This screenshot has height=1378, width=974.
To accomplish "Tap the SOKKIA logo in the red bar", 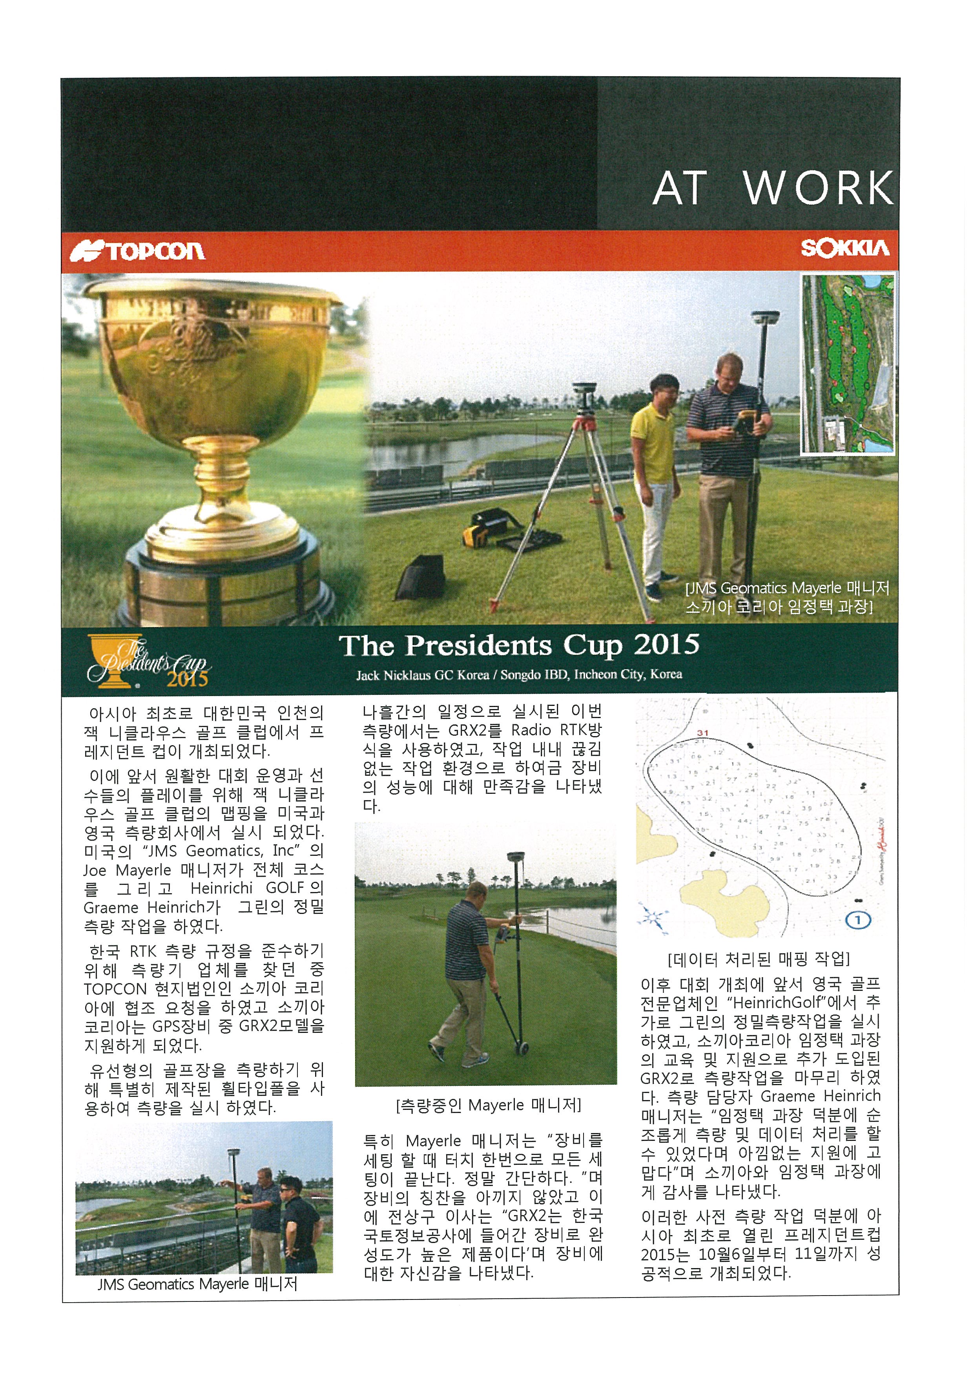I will pyautogui.click(x=844, y=248).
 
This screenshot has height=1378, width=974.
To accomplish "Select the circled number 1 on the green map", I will pyautogui.click(x=858, y=920).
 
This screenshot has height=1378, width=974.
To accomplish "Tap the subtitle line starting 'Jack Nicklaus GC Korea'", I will pyautogui.click(x=519, y=674).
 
